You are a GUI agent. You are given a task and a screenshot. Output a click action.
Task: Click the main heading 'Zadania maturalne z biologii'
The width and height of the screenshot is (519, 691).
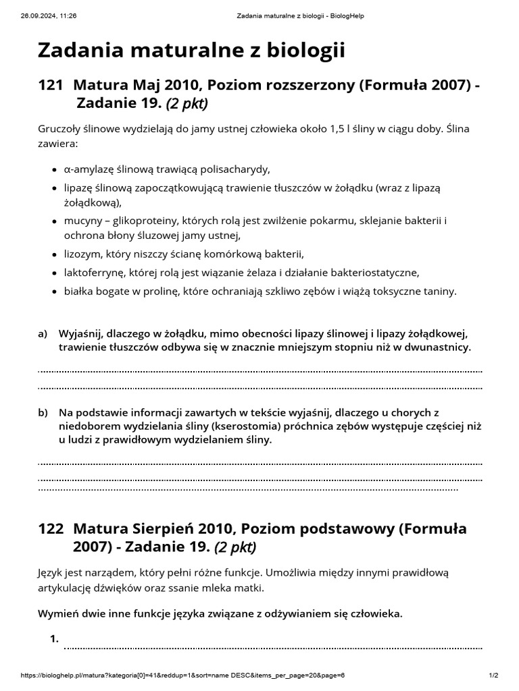pos(191,50)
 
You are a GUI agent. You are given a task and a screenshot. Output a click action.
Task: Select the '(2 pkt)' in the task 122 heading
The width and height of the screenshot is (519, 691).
pos(235,547)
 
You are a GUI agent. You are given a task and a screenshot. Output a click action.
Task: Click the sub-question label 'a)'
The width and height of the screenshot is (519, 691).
pos(43,334)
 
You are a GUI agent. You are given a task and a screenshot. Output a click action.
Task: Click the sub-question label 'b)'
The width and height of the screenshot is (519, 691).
pos(43,412)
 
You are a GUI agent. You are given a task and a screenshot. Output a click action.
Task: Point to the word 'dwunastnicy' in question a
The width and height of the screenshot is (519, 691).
pos(440,348)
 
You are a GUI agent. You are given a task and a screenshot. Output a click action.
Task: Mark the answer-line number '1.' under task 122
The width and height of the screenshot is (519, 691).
pos(55,638)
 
